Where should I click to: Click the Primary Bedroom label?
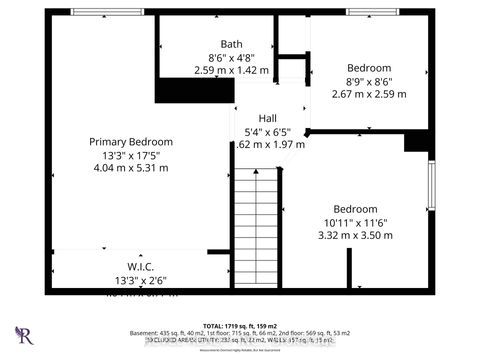pos(130,142)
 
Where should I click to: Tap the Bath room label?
pos(231,43)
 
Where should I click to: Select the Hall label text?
pos(267,117)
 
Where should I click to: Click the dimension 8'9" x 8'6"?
pos(369,82)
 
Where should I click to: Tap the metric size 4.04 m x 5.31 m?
pos(130,167)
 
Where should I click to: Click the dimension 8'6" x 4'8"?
pos(231,57)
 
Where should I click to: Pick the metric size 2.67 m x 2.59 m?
pos(369,95)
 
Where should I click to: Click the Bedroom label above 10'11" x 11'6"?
pos(356,209)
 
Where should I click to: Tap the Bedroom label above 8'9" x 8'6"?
pos(369,68)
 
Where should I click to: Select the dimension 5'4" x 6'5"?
pos(267,130)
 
